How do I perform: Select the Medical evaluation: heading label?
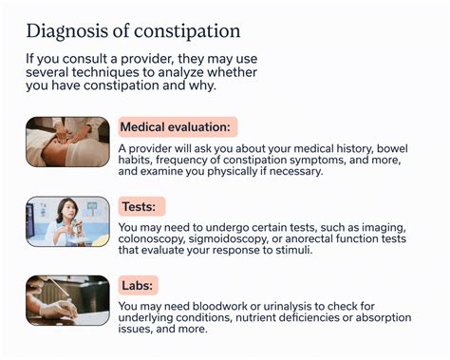(178, 127)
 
